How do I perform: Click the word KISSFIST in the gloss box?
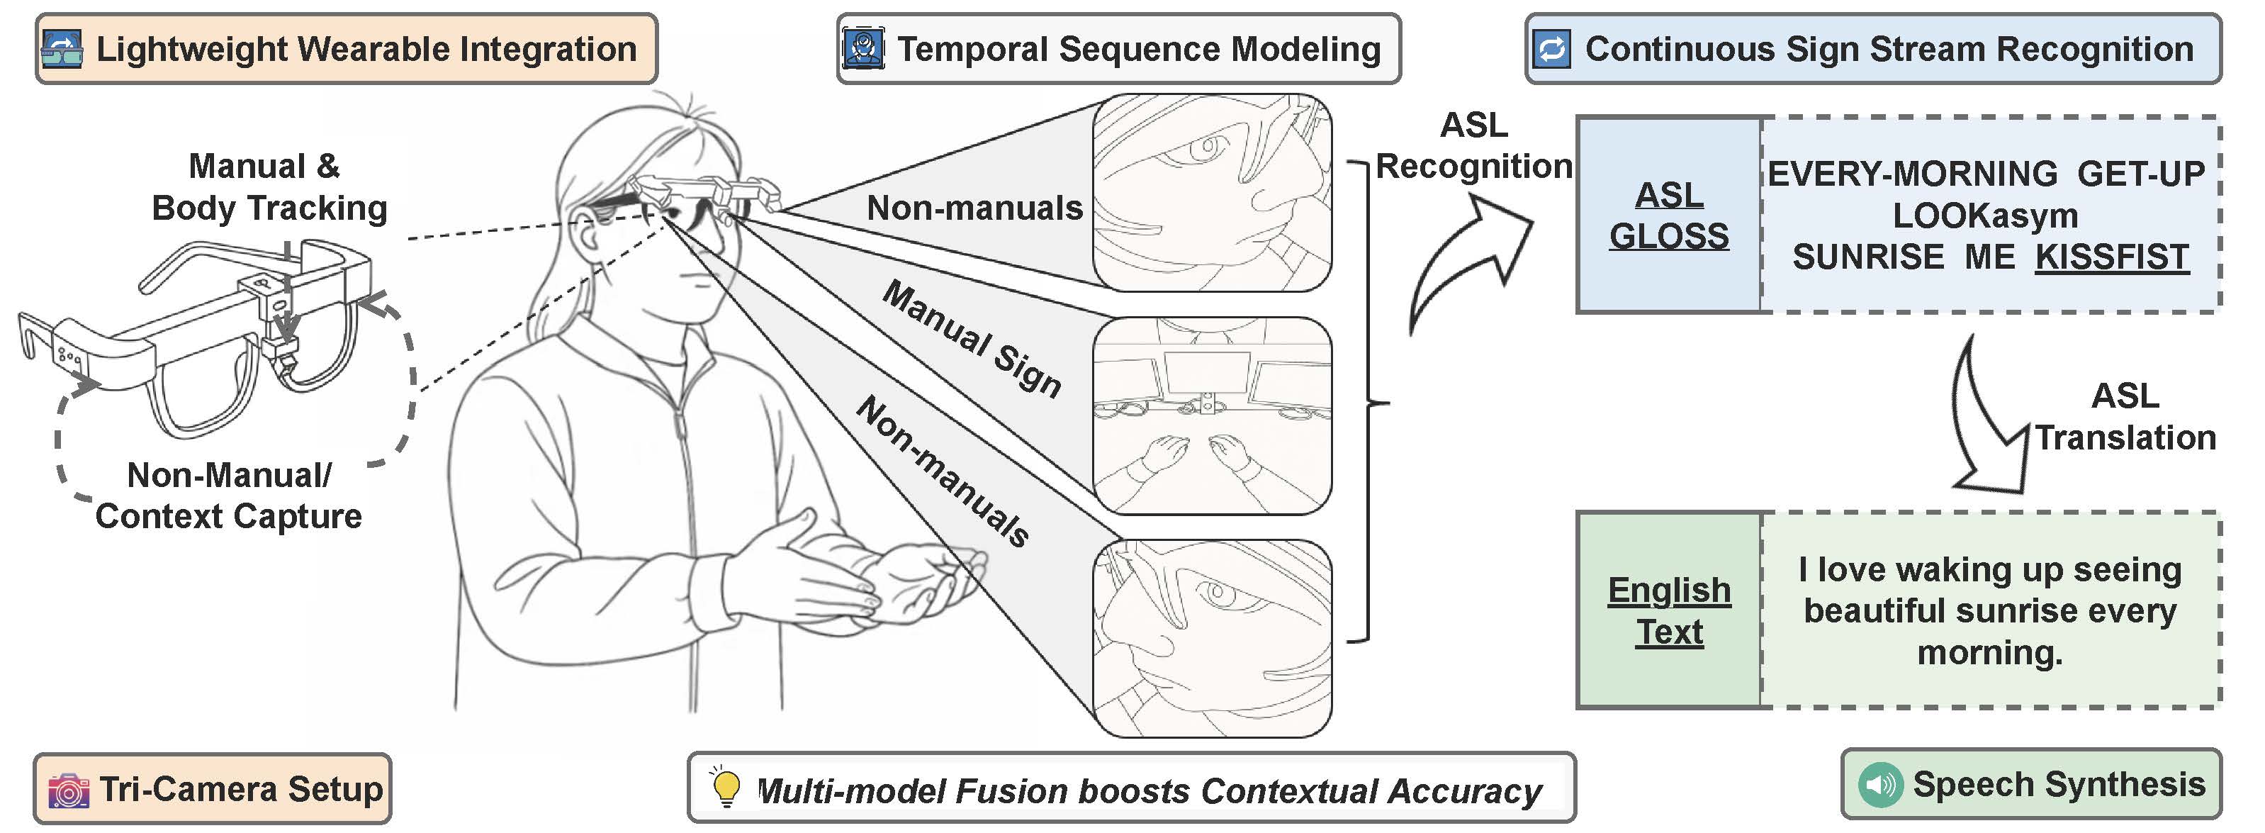(2111, 257)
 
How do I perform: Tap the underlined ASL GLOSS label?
(1668, 216)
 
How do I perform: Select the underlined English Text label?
(1668, 610)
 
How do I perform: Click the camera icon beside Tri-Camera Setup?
(69, 789)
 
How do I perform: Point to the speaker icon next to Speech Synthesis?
(1880, 784)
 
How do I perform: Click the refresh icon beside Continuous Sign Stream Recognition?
(1552, 49)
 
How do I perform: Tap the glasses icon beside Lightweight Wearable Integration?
(62, 49)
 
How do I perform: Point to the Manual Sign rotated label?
(972, 339)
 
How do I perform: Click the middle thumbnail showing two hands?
(1212, 416)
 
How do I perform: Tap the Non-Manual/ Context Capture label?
(229, 496)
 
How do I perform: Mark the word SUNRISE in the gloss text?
(1867, 257)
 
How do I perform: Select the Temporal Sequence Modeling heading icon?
(862, 49)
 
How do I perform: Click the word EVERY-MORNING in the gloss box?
(1912, 174)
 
